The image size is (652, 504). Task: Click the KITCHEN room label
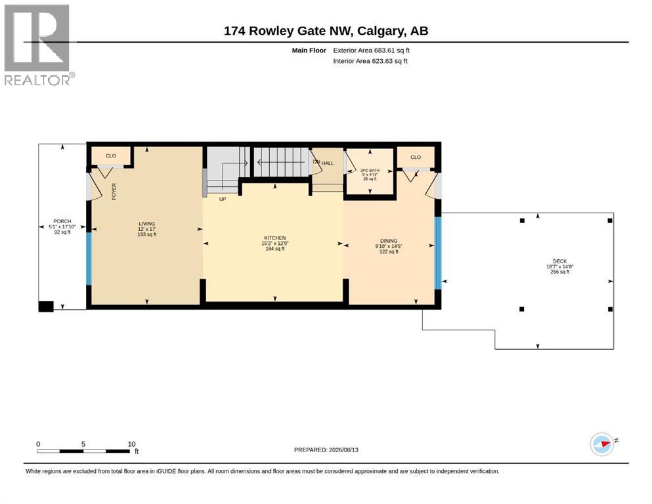tap(275, 238)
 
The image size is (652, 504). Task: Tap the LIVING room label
tap(147, 224)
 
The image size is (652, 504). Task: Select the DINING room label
tap(389, 241)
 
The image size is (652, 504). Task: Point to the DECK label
tap(559, 261)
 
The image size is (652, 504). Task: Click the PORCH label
tap(62, 221)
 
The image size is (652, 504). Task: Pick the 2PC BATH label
tap(370, 171)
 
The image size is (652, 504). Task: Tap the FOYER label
tap(114, 192)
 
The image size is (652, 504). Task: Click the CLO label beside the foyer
tap(111, 156)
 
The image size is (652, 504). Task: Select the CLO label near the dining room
tap(416, 157)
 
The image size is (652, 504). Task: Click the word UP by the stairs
tap(223, 199)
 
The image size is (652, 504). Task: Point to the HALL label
tap(328, 163)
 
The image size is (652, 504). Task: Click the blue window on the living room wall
tap(89, 259)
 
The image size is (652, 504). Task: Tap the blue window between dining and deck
tap(438, 253)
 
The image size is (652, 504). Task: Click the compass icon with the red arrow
tap(602, 444)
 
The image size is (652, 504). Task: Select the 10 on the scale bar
tap(131, 444)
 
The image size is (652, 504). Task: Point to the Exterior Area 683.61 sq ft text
tap(372, 51)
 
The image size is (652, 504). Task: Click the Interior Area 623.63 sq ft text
tap(370, 61)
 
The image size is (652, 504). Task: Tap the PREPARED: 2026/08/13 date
tap(326, 450)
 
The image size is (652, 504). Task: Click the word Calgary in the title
tap(381, 31)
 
